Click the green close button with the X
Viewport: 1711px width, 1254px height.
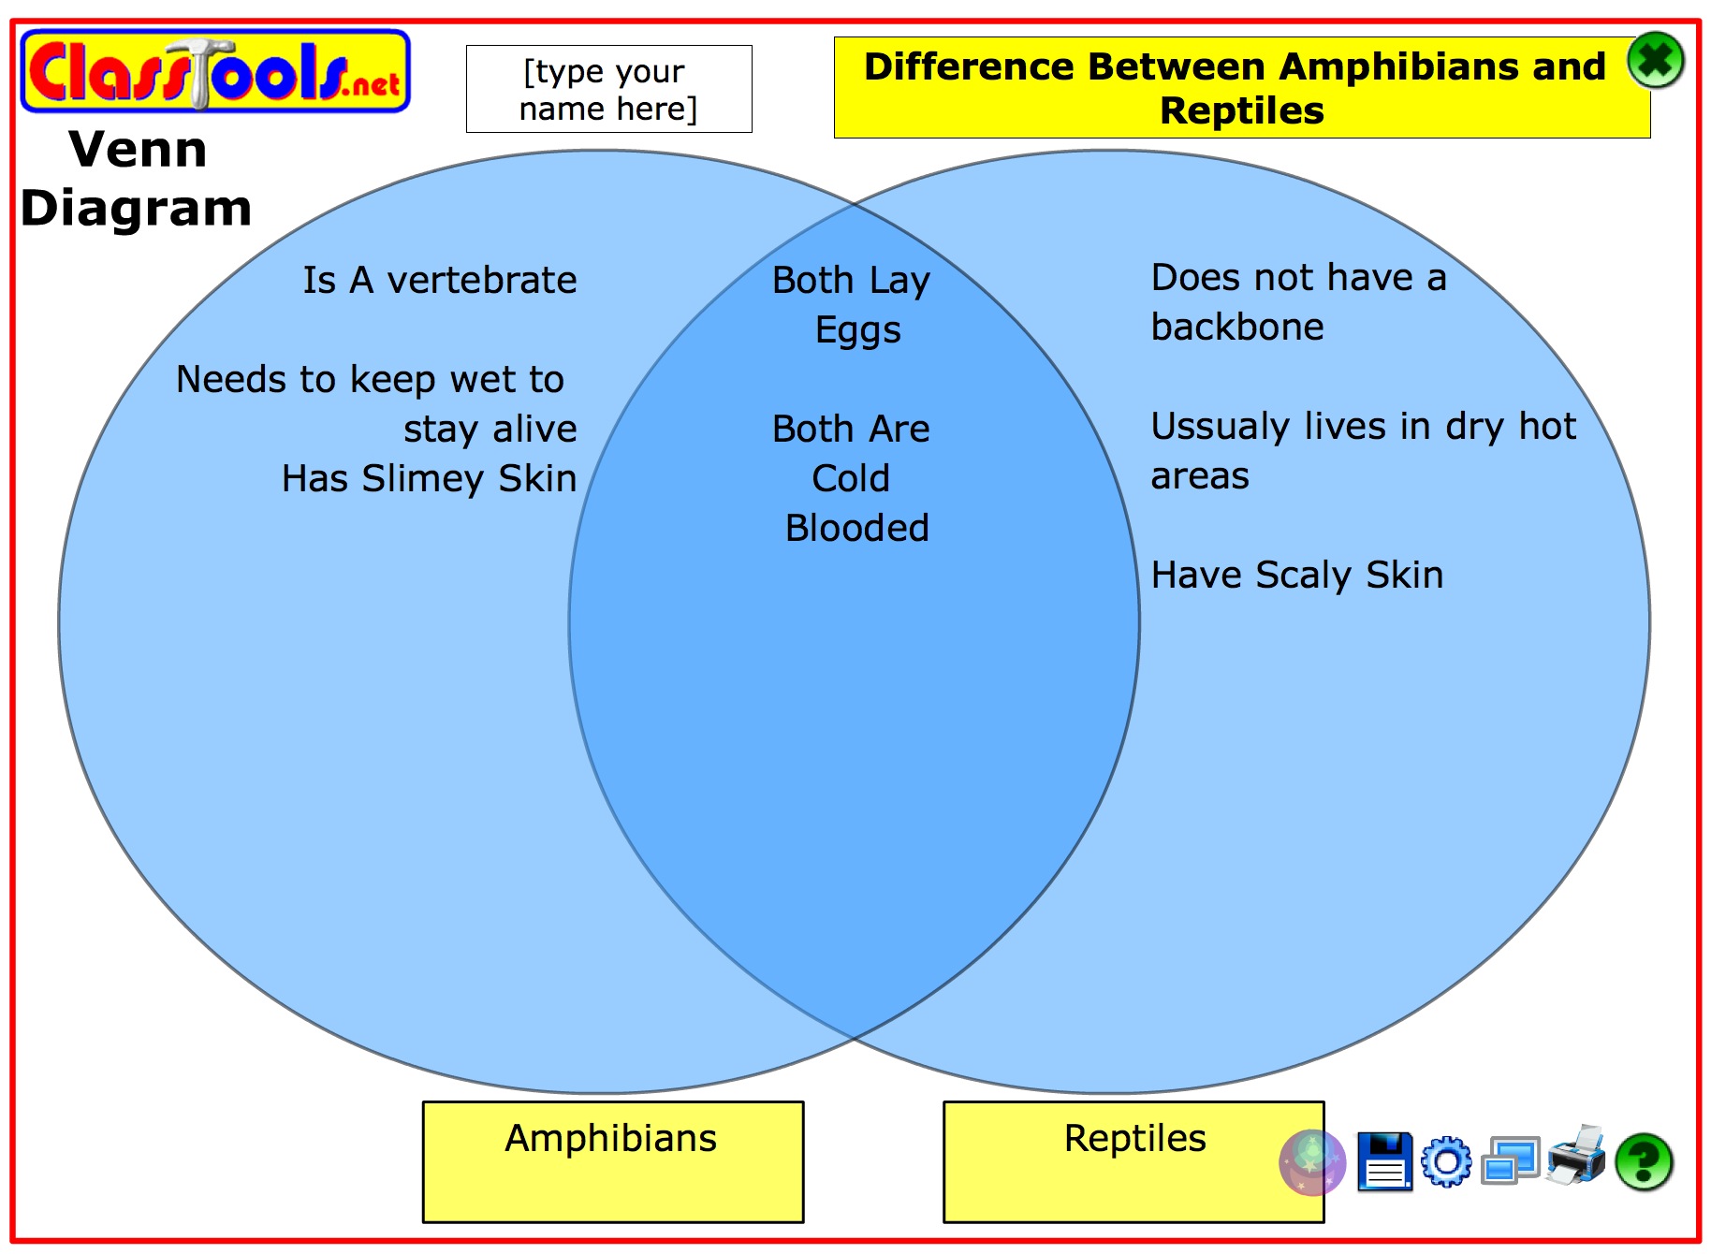[1655, 61]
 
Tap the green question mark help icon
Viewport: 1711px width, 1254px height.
[1644, 1162]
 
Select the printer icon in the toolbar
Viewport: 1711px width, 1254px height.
[1576, 1156]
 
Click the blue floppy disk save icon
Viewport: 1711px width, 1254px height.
[1384, 1161]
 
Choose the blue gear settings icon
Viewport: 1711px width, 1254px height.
[1446, 1162]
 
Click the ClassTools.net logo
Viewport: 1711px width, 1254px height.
[215, 71]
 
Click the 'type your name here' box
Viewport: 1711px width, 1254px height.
[609, 89]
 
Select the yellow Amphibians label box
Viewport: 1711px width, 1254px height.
[613, 1161]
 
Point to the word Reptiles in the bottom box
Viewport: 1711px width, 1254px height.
[1134, 1138]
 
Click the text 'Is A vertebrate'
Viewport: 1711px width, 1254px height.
[440, 280]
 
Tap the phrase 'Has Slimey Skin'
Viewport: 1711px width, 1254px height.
[429, 478]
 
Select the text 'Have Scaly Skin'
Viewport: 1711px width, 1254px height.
[1297, 576]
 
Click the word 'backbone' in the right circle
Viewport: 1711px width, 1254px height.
[1237, 327]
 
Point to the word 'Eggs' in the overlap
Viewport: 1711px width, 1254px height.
[858, 331]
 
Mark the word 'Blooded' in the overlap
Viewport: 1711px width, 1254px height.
[857, 528]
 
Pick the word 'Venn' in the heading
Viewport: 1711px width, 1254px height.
[139, 149]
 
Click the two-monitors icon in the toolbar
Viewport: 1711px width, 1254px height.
[1510, 1161]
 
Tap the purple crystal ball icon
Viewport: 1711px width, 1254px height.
[1312, 1162]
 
